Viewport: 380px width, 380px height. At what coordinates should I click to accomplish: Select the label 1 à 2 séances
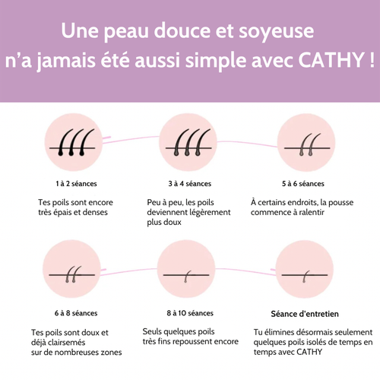(76, 183)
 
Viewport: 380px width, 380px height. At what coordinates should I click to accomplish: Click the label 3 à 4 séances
(190, 183)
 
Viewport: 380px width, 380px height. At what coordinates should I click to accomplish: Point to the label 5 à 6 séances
(303, 183)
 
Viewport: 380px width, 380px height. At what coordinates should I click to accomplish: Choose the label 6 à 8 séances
(75, 312)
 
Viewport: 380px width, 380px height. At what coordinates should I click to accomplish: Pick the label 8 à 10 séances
(190, 312)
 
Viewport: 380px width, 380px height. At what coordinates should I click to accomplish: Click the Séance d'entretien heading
(304, 312)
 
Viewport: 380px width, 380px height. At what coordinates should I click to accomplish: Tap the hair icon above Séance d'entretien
(302, 271)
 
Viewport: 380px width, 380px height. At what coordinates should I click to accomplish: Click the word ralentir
(308, 213)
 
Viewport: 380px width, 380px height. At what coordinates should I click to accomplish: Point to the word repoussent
(213, 342)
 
